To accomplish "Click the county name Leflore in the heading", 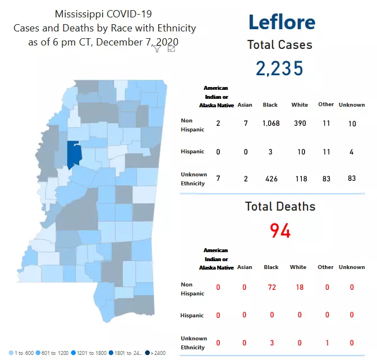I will click(x=282, y=22).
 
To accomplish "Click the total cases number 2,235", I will click(x=279, y=69).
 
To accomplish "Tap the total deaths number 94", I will click(x=280, y=230).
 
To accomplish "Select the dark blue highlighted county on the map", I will click(x=73, y=154).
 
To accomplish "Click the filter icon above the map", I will click(x=158, y=49).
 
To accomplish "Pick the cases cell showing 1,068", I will click(x=270, y=123).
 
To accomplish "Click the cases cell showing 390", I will click(x=300, y=123).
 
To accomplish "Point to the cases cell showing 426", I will click(x=270, y=179).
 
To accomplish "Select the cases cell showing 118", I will click(x=300, y=179).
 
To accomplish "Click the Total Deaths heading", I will click(x=280, y=207).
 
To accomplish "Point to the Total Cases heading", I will click(x=279, y=45).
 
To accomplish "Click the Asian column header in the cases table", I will click(x=245, y=104).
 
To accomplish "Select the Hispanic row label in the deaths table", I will click(x=192, y=316).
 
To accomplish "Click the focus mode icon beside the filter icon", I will click(x=171, y=49).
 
